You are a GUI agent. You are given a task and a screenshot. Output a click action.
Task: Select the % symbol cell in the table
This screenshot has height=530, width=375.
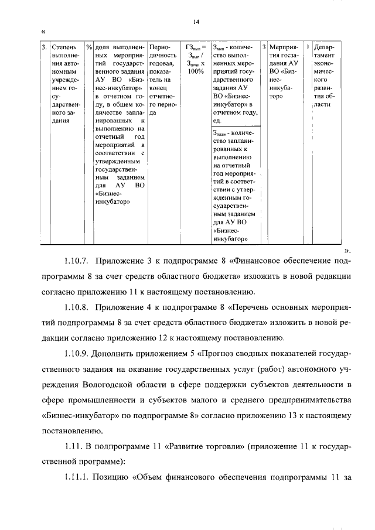[88, 46]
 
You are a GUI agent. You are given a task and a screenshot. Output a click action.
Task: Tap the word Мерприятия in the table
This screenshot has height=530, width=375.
[285, 46]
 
